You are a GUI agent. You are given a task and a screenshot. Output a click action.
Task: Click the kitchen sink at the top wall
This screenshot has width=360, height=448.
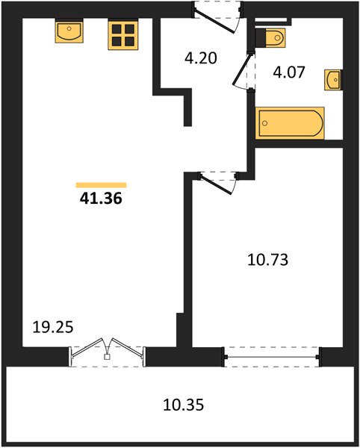[x=69, y=31]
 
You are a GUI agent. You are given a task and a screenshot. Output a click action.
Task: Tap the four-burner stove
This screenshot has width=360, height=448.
[x=123, y=34]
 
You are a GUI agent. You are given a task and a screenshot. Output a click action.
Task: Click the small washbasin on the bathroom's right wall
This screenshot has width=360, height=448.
[x=333, y=80]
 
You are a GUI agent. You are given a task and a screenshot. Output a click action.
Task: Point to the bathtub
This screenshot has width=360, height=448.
[x=290, y=123]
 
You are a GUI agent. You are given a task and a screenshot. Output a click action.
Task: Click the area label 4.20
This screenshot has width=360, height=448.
[x=201, y=58]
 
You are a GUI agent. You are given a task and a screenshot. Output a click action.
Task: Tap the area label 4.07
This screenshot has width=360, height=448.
[x=289, y=72]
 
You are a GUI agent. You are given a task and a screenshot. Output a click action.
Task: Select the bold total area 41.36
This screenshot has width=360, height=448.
[x=101, y=198]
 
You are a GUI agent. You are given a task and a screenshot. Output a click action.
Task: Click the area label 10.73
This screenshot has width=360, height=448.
[x=267, y=260]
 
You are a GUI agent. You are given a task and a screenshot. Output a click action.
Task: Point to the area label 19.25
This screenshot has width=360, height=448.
[x=53, y=327]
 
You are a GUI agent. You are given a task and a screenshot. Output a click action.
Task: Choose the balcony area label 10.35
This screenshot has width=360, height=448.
[x=184, y=405]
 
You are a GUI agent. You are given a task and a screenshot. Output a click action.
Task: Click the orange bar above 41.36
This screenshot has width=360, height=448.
[x=101, y=185]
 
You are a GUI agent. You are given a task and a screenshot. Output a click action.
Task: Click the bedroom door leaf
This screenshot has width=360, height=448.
[x=216, y=184]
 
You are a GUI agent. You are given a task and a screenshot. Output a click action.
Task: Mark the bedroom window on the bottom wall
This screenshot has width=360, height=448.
[x=271, y=357]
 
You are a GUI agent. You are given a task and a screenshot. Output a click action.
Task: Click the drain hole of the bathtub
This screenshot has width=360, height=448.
[x=265, y=123]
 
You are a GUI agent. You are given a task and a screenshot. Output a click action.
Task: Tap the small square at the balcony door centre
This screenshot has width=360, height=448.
[x=107, y=357]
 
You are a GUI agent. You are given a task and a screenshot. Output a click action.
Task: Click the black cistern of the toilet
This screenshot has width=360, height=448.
[x=260, y=37]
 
